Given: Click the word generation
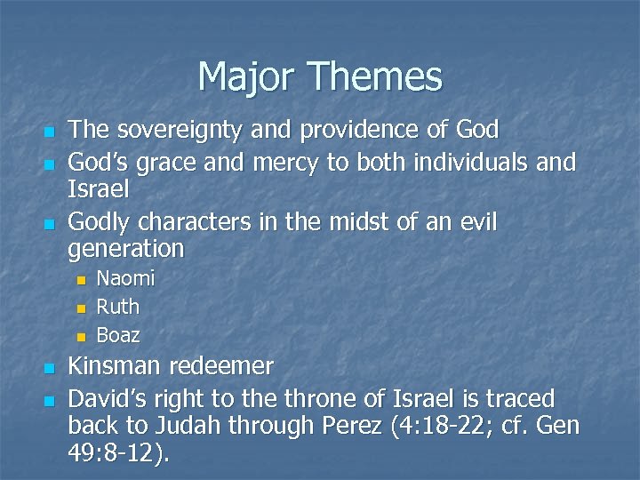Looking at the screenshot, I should coord(126,248).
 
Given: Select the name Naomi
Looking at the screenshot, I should coord(125,279).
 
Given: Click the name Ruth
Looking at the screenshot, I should coord(117,308).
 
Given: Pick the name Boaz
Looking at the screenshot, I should coord(117,336).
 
